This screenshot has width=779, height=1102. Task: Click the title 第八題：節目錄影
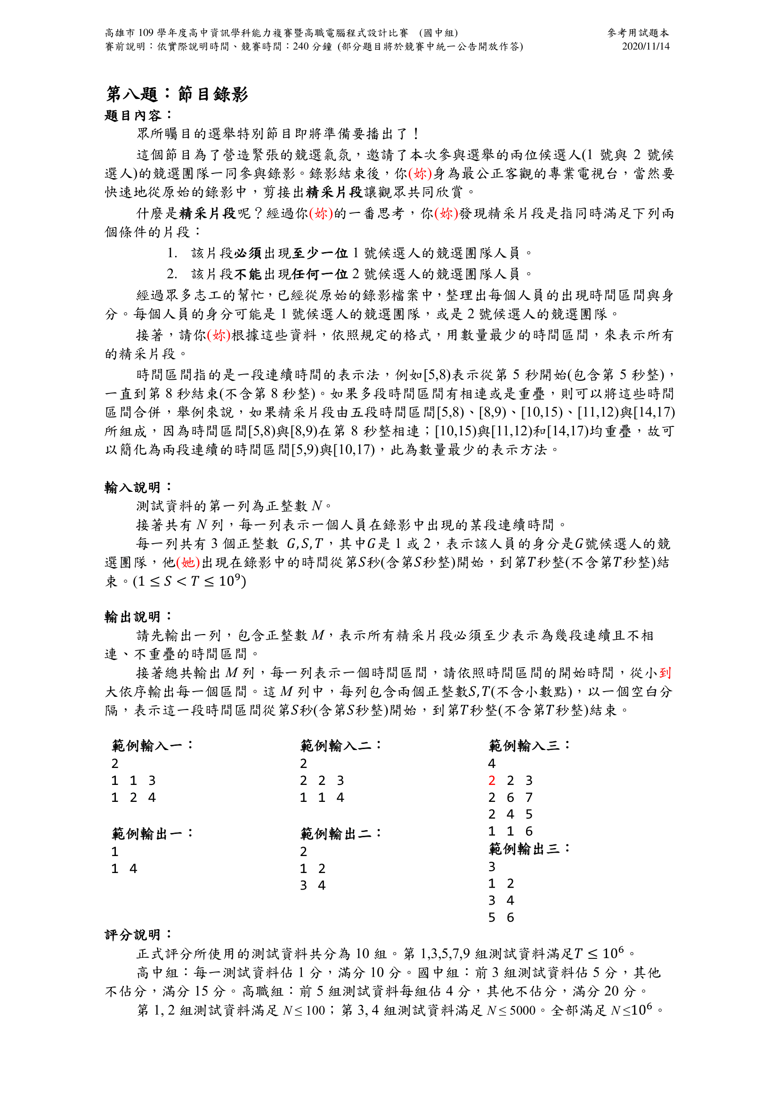[177, 94]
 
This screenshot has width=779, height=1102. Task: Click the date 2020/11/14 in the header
[645, 47]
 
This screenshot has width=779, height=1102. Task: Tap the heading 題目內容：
[138, 116]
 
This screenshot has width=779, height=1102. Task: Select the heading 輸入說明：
[138, 488]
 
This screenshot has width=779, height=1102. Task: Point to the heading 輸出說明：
[138, 617]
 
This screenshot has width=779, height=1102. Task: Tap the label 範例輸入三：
[529, 745]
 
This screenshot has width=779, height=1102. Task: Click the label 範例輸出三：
[529, 849]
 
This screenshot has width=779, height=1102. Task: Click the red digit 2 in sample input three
[492, 781]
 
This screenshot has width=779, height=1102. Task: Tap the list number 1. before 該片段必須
[172, 253]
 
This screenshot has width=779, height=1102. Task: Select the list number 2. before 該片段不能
[172, 274]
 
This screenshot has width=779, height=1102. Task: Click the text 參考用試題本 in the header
[638, 33]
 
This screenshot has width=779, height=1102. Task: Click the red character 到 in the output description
[665, 673]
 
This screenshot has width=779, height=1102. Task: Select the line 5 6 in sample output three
[501, 918]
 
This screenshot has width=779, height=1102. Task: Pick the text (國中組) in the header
[438, 33]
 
